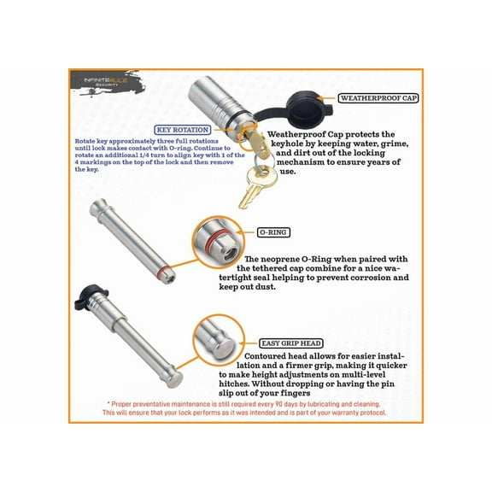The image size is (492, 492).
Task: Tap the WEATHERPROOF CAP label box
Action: (378, 98)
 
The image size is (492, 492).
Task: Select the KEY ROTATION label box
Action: (184, 129)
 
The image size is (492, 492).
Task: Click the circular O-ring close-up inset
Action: (220, 241)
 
